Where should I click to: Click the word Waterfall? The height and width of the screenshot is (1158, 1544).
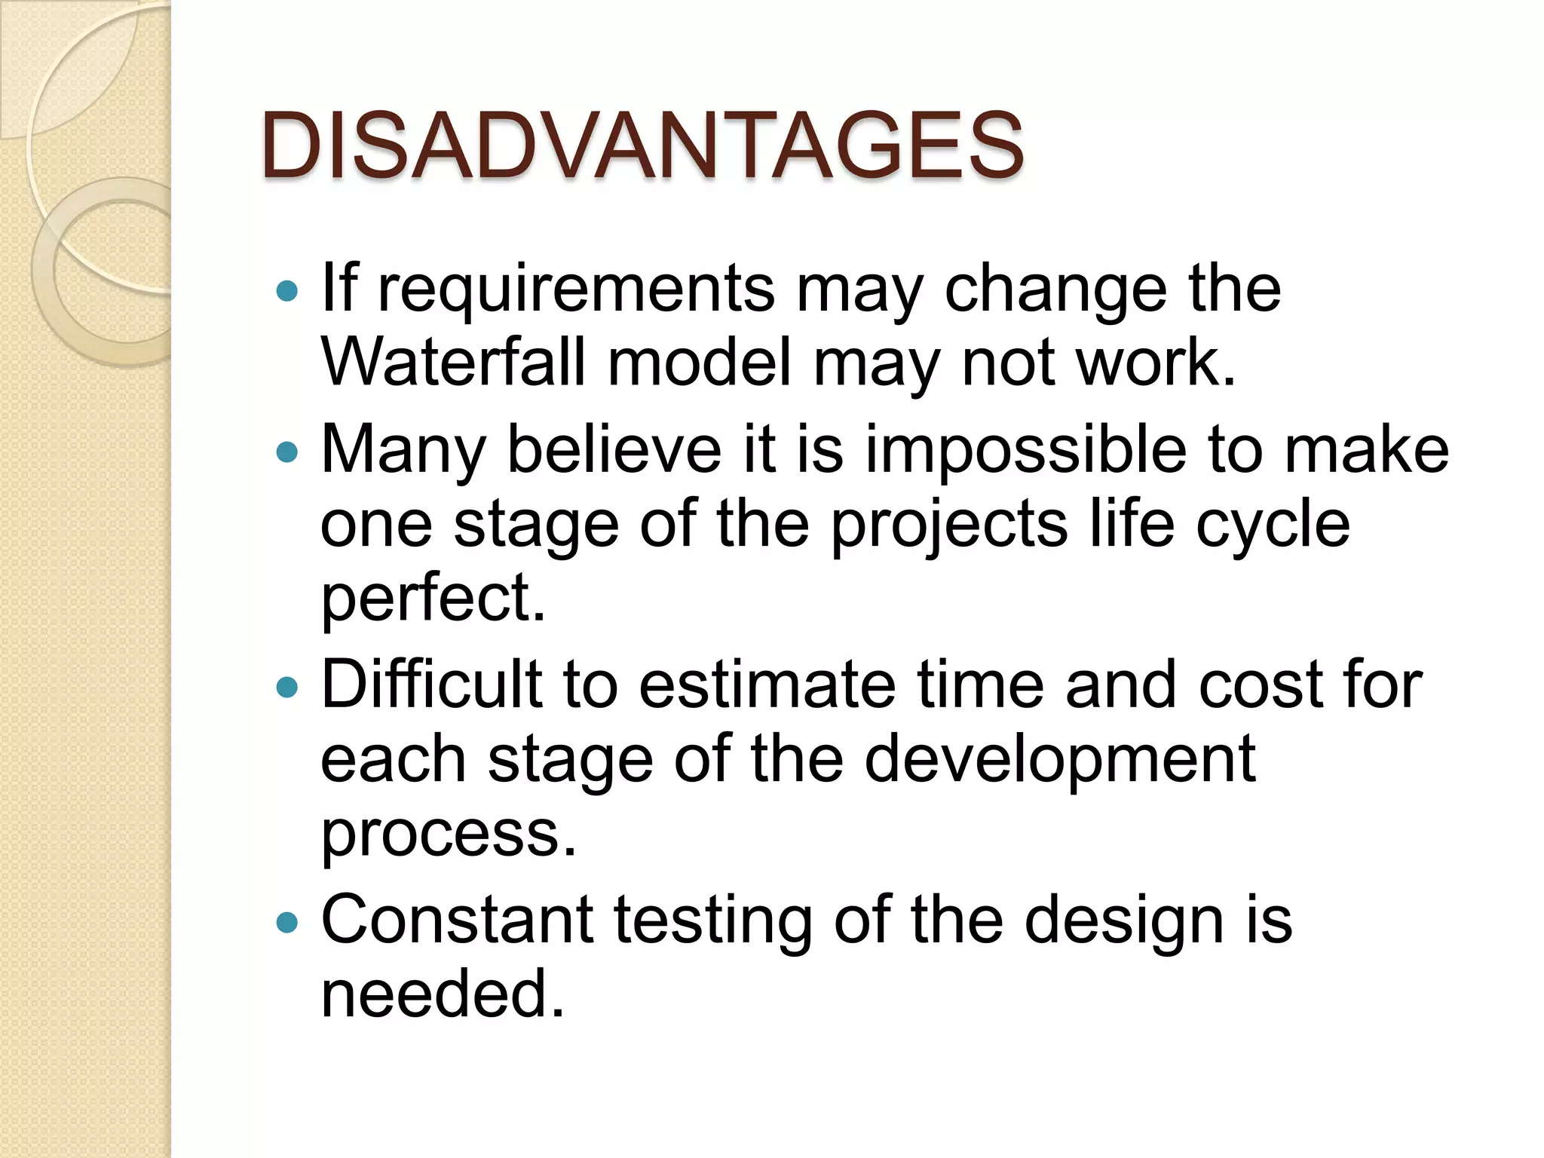tap(453, 363)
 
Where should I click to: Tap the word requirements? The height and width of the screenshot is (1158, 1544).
tap(576, 290)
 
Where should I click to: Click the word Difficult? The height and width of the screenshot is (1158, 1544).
tap(432, 685)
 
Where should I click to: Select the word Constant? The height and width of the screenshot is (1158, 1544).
tap(457, 920)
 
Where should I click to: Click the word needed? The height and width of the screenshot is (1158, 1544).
tap(443, 994)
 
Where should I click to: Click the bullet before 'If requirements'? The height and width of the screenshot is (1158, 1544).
tap(287, 291)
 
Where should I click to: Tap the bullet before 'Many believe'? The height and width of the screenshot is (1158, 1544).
tap(287, 452)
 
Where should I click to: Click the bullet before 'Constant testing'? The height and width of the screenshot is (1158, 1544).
tap(287, 921)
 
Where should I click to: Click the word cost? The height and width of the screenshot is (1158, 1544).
tap(1261, 685)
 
